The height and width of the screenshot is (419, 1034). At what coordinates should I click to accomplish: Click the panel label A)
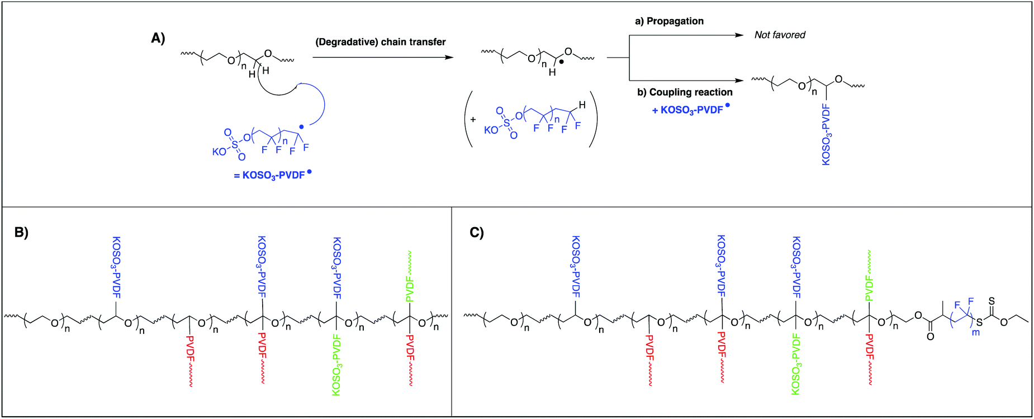tap(158, 38)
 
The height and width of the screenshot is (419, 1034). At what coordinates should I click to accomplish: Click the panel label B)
tap(21, 233)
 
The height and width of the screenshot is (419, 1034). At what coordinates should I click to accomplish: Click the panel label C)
tap(477, 233)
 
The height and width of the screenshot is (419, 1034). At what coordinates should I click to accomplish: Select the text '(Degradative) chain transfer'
tap(381, 42)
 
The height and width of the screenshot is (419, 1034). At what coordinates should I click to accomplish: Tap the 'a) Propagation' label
tap(669, 21)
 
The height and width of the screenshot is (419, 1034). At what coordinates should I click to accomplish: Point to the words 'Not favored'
tap(780, 35)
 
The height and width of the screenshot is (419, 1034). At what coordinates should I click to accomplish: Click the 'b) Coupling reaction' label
tap(685, 92)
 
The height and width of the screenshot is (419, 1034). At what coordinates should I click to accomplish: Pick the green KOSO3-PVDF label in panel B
tap(336, 364)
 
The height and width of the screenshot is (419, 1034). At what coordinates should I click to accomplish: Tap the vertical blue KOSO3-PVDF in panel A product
tap(826, 134)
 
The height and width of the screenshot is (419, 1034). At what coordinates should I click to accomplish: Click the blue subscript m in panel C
tap(976, 332)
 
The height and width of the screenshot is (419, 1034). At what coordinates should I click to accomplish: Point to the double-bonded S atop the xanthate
tap(992, 301)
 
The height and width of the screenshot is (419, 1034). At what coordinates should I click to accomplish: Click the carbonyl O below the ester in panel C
tap(931, 336)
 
